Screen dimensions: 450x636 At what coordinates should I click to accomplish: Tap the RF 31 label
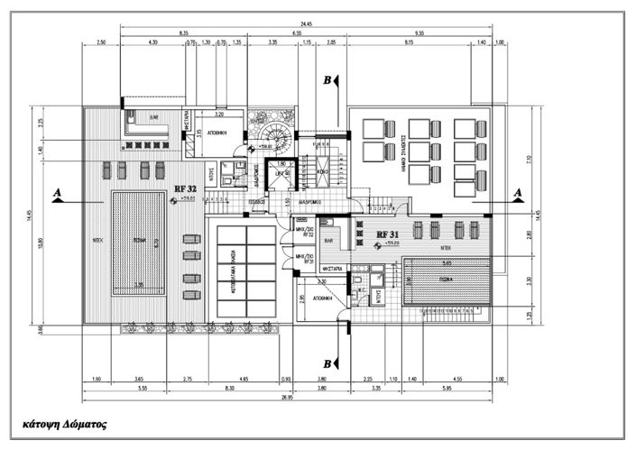coord(388,234)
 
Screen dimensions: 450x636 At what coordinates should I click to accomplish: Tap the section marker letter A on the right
coord(519,193)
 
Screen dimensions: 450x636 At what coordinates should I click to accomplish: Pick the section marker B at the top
coord(327,80)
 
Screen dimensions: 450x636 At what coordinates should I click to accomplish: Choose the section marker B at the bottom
coord(327,363)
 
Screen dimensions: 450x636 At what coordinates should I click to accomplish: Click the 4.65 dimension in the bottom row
coord(244,380)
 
